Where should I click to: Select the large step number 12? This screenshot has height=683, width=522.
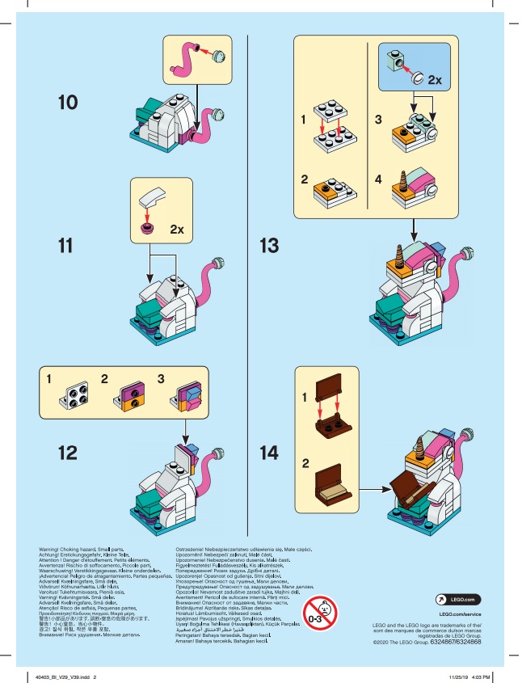point(70,450)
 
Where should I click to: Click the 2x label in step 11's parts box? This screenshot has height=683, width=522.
point(178,230)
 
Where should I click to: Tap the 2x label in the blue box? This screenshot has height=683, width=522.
point(434,81)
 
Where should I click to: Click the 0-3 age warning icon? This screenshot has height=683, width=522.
point(318,614)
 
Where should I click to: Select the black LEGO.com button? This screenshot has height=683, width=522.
point(457,600)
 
